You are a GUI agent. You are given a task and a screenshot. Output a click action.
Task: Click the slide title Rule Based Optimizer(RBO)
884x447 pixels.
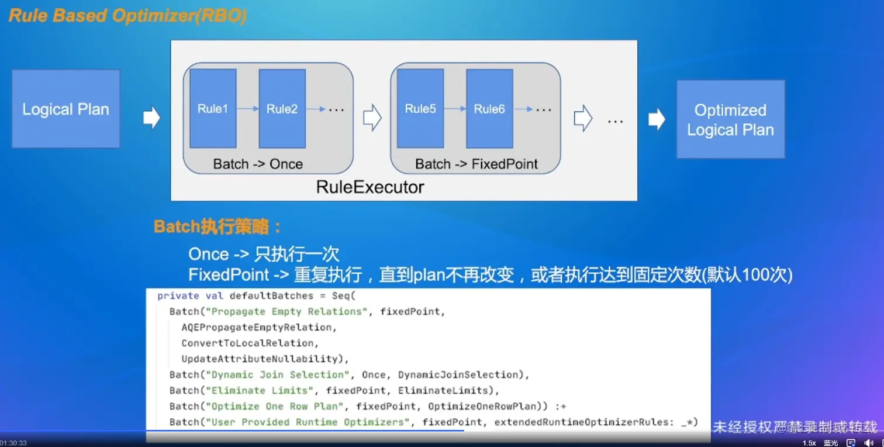(127, 16)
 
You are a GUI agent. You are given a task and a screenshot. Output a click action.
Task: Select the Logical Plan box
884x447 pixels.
(65, 109)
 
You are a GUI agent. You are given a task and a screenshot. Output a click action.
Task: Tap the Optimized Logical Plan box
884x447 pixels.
(730, 119)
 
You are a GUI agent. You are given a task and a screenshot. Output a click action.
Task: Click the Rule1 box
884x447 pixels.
(213, 108)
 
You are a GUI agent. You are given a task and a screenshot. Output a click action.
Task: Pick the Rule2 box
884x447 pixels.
(282, 108)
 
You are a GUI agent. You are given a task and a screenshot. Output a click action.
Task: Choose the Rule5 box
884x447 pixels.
(420, 108)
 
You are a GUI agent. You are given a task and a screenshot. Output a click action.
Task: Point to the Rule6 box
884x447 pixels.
(489, 108)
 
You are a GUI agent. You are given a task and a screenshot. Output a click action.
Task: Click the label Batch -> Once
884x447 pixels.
(258, 164)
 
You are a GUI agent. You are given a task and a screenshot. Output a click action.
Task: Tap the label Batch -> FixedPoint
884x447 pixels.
(476, 164)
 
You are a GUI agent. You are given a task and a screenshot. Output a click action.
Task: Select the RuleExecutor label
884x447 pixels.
(370, 187)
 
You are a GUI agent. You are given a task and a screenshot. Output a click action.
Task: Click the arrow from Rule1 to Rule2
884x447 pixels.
(248, 108)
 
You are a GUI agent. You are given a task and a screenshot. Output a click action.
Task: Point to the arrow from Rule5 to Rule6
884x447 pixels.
(455, 108)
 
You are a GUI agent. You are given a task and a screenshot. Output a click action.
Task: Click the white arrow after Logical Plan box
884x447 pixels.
(151, 118)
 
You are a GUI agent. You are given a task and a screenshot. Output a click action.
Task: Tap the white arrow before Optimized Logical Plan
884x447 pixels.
(657, 119)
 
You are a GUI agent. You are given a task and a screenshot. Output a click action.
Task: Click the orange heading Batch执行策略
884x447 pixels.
(217, 227)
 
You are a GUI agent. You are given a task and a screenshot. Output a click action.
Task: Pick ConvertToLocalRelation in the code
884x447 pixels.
(250, 343)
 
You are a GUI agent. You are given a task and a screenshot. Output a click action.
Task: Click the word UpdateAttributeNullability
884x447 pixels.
(260, 359)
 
